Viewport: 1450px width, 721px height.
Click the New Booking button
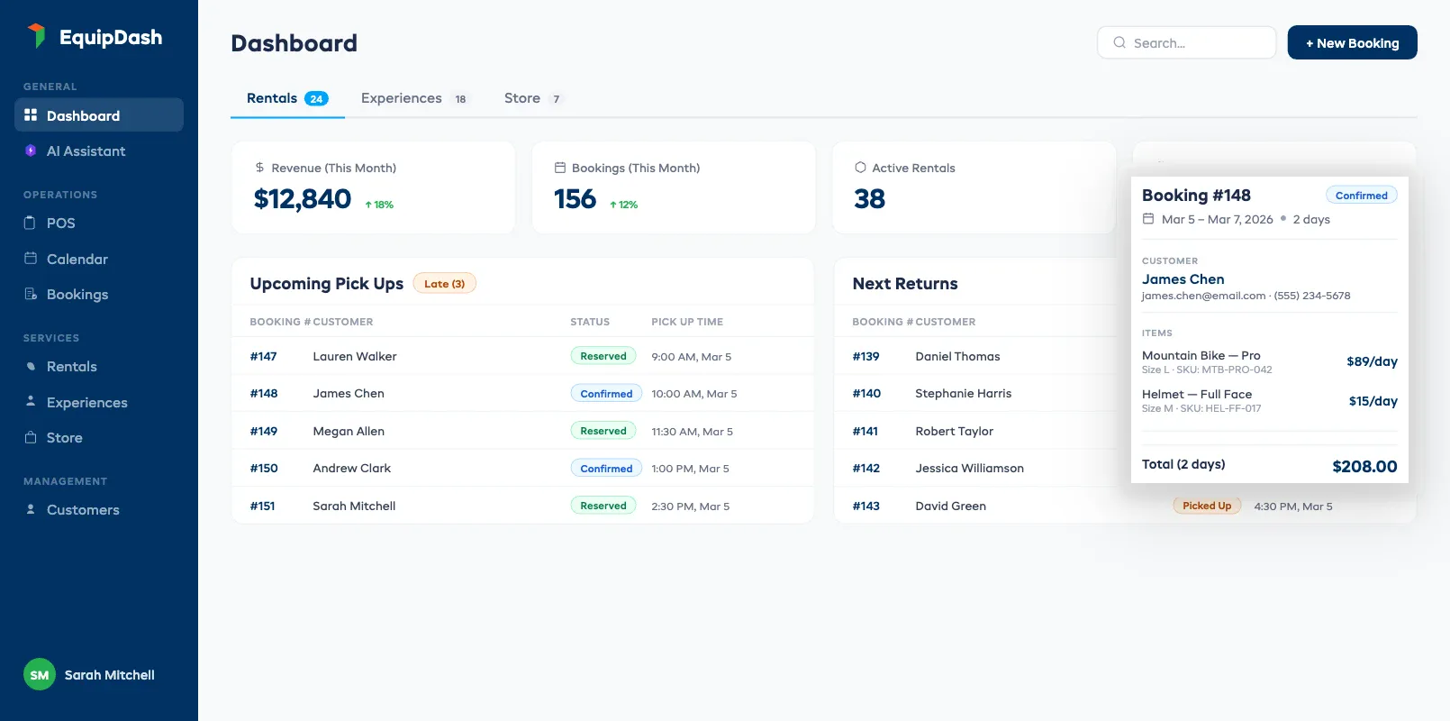[x=1352, y=43]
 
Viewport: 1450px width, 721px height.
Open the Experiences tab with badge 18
[x=412, y=98]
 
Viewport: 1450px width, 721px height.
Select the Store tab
[x=531, y=98]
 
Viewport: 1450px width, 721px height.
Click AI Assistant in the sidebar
[x=86, y=151]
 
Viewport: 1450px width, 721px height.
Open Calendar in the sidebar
[x=77, y=259]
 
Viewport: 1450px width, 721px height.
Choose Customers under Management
[x=82, y=510]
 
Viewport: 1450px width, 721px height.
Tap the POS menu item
[x=60, y=223]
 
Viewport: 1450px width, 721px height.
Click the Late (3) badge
[x=444, y=284]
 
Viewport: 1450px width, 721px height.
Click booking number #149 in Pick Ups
[x=264, y=432]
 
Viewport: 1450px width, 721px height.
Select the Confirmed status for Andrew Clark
[x=606, y=469]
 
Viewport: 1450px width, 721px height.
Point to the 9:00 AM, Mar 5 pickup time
[x=691, y=357]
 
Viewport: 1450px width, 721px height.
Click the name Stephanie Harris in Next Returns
[x=963, y=394]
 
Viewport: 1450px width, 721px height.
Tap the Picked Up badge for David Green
[x=1206, y=507]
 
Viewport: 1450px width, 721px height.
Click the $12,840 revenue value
[x=303, y=199]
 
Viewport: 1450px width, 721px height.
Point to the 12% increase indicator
[x=623, y=205]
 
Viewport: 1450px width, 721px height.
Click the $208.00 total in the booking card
[x=1364, y=466]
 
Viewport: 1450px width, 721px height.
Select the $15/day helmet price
[x=1372, y=401]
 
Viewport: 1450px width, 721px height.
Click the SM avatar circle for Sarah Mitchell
[x=40, y=674]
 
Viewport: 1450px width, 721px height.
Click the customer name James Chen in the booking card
[x=1183, y=279]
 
